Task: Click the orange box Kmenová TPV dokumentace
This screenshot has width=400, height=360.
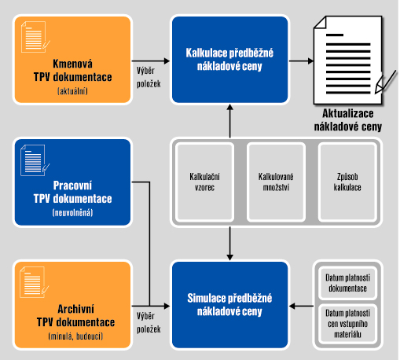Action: click(x=72, y=60)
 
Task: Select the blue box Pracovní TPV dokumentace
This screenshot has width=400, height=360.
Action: click(x=72, y=182)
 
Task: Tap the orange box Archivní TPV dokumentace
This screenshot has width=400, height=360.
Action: click(x=72, y=305)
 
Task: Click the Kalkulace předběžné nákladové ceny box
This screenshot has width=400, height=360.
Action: click(x=229, y=60)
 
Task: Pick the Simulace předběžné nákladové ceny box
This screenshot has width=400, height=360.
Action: click(x=229, y=305)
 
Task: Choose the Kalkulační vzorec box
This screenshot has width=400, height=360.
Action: click(x=204, y=182)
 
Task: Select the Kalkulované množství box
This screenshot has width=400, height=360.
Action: click(x=276, y=182)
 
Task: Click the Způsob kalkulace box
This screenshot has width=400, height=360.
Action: click(x=347, y=182)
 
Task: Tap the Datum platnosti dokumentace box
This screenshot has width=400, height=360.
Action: click(x=347, y=283)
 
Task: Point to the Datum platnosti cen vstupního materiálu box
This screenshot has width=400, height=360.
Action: click(x=347, y=324)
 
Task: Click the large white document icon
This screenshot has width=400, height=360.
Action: click(x=351, y=60)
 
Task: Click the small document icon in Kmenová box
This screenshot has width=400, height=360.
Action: click(x=35, y=37)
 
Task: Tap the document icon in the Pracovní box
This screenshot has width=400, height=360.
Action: click(x=35, y=160)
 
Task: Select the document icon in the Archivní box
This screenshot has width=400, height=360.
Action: click(x=35, y=282)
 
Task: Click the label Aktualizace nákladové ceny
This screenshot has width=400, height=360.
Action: click(x=348, y=120)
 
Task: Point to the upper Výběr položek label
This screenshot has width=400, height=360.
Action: click(x=149, y=77)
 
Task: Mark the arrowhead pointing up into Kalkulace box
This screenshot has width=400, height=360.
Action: click(x=230, y=107)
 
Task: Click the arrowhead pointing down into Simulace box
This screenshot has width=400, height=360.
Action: click(x=230, y=257)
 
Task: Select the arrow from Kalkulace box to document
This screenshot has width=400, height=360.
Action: click(x=301, y=61)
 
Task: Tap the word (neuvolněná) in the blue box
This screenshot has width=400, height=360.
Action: click(x=72, y=212)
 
